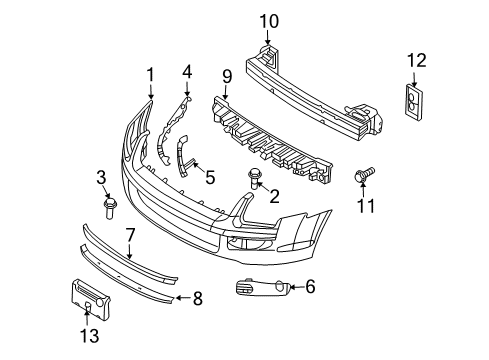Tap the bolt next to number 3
(108, 209)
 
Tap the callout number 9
(225, 74)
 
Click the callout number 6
(309, 287)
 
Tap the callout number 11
(364, 209)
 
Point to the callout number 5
(209, 178)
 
